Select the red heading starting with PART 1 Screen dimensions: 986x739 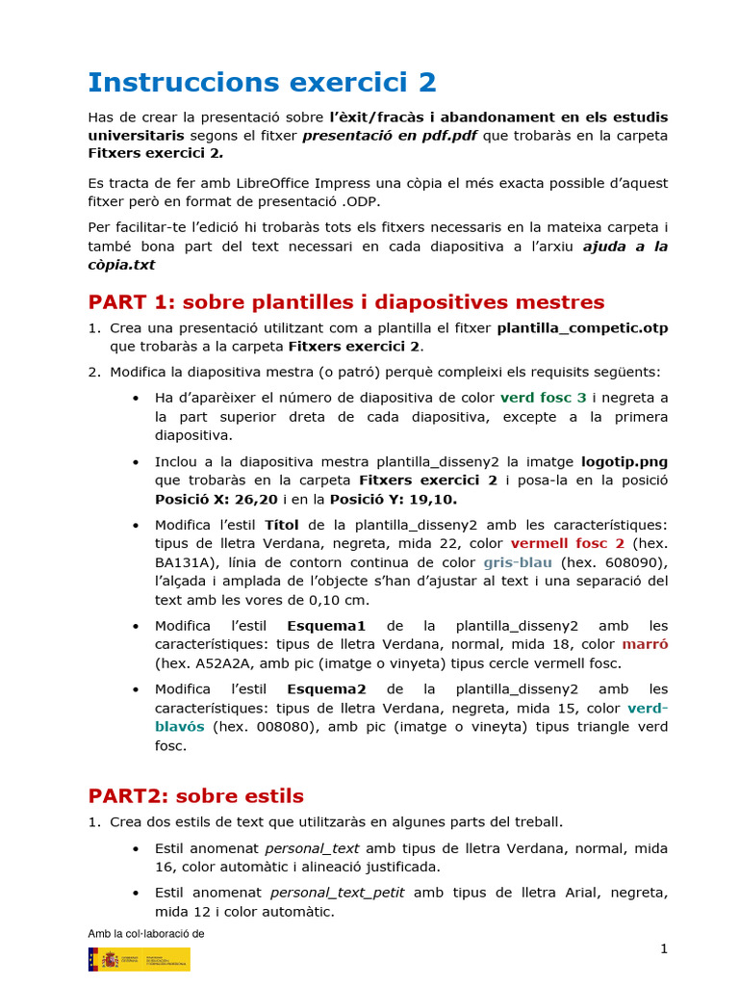[346, 302]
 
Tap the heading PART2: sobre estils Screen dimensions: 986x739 [196, 795]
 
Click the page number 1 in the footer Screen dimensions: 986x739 [663, 948]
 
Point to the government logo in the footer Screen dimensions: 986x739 [140, 959]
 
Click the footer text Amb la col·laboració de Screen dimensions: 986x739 [146, 934]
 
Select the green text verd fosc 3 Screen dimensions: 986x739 [543, 398]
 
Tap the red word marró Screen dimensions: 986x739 [645, 644]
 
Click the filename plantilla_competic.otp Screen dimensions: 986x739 [582, 328]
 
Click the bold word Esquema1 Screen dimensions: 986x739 [326, 626]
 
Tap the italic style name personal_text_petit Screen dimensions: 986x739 [338, 893]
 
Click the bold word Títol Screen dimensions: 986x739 [282, 525]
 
